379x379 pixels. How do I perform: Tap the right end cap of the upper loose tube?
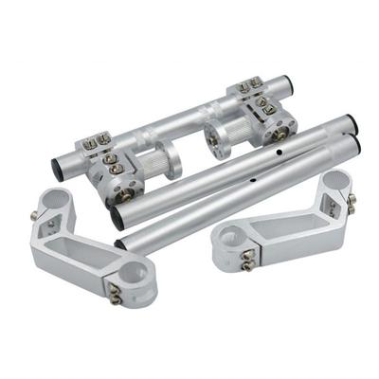(x=350, y=123)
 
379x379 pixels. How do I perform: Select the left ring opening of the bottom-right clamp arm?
(x=231, y=245)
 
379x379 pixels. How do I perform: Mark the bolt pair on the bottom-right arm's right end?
(x=352, y=203)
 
